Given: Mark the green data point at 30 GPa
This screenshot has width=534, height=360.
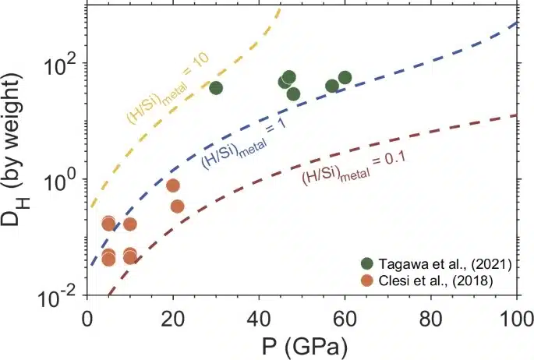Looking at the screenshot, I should pos(216,87).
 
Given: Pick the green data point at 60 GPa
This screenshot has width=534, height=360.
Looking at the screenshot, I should pos(345,78).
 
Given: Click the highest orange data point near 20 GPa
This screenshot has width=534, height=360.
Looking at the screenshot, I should pos(173,185).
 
